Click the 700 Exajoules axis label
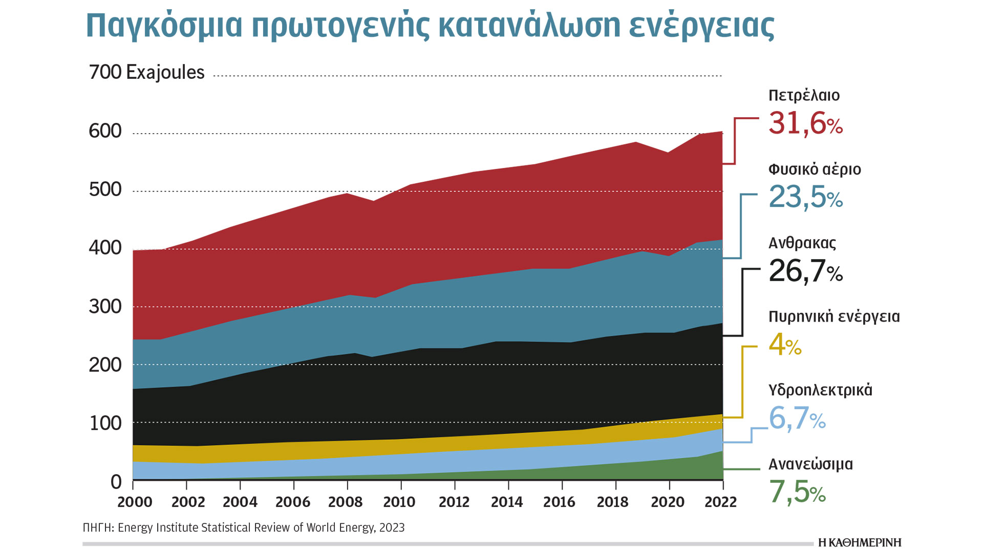pos(147,72)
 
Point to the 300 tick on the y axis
pos(105,307)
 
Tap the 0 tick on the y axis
pos(116,482)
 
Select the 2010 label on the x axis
pos(399,502)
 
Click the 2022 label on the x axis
pos(720,502)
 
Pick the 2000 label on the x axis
pos(135,502)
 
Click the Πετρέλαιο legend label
pos(804,96)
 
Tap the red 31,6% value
pos(805,123)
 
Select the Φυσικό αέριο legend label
pos(815,169)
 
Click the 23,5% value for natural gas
pos(805,197)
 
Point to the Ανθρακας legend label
pos(802,243)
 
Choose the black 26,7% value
pos(805,271)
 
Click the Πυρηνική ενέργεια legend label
pos(834,317)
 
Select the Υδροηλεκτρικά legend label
pos(820,390)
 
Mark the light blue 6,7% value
pos(797,418)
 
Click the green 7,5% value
pos(797,492)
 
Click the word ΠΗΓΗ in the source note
pos(98,528)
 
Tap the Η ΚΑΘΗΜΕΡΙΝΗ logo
pos(860,543)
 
